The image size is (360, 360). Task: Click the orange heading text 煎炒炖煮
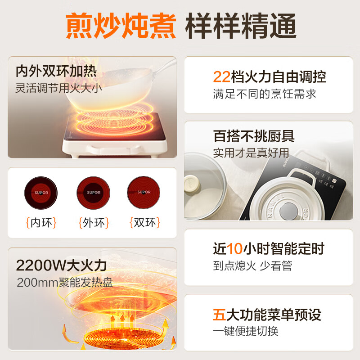(121, 26)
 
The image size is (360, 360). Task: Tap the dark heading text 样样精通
(241, 26)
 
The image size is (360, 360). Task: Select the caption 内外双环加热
(56, 72)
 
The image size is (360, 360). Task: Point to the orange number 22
(221, 77)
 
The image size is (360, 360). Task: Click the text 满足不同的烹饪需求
(265, 94)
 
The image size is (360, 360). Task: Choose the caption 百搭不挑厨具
(254, 136)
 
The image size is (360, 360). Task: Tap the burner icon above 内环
(41, 192)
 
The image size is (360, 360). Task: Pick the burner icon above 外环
(94, 192)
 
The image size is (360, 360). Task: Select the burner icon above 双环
(144, 192)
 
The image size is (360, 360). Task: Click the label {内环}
(41, 223)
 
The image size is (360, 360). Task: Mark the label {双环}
(144, 223)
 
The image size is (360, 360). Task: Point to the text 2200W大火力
(61, 265)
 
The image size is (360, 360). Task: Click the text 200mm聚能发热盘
(64, 283)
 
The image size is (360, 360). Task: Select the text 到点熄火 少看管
(252, 265)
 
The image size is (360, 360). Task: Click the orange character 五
(219, 314)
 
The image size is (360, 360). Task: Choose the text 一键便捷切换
(246, 331)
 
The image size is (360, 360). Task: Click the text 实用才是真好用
(251, 153)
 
